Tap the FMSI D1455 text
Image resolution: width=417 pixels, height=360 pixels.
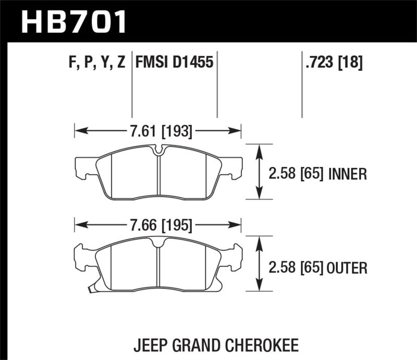coord(174,64)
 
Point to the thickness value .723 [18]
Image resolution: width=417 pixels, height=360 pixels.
coord(332,64)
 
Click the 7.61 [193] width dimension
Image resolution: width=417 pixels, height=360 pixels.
coord(157,132)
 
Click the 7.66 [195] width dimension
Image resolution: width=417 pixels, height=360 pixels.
coord(157,226)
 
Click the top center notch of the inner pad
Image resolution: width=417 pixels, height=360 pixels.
coord(160,151)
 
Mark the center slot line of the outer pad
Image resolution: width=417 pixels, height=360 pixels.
coord(158,263)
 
